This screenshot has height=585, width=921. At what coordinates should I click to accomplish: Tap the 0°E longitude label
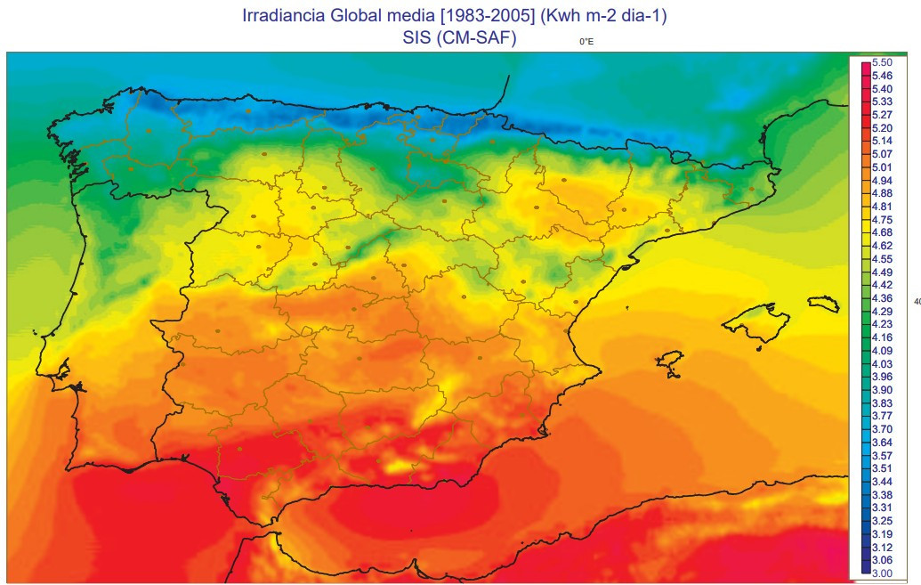[x=586, y=42]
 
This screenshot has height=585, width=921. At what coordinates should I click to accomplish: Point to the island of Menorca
[x=824, y=304]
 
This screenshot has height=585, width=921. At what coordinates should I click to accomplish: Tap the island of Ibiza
[x=669, y=362]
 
